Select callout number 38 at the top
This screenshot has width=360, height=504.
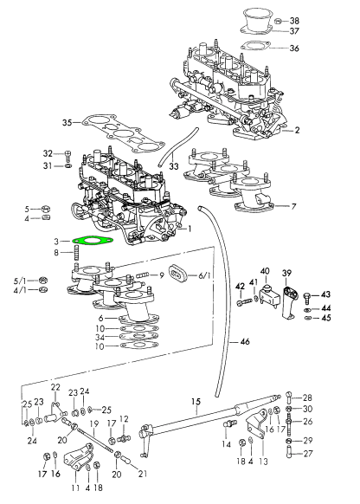point(294,21)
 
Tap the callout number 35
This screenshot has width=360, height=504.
point(67,122)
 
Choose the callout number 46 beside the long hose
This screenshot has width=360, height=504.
point(245,341)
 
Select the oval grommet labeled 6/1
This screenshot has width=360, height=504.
point(178,274)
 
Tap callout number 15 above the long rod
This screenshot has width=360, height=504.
point(196,402)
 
